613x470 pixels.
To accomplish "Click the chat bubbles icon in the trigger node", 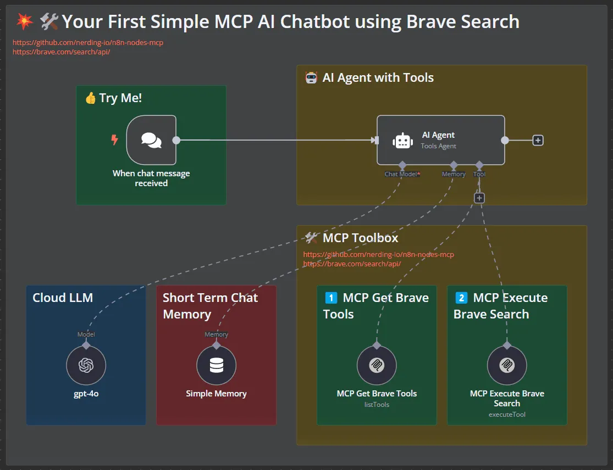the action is coord(151,140).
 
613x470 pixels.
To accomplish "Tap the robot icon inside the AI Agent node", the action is coord(402,141).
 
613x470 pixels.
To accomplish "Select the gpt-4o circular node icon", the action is coord(86,365).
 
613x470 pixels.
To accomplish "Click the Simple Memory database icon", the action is coord(216,365).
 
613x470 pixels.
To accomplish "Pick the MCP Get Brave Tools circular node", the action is coord(377,365).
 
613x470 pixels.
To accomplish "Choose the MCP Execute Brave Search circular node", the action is coord(507,365).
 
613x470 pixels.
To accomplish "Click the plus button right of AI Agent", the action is coord(538,140).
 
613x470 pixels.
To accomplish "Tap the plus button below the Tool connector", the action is coord(479,198).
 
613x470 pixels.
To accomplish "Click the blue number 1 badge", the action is coord(331,298).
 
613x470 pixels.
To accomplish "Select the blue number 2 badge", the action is coord(461,298).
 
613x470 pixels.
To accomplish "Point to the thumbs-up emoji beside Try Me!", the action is coord(91,98).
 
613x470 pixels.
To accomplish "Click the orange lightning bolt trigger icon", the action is coord(114,139).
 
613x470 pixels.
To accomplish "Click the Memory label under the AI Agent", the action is coord(454,174).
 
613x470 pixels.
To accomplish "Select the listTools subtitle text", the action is coord(377,405).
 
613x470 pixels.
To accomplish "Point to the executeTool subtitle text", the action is coord(507,414).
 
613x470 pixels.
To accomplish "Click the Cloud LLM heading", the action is coord(63,298).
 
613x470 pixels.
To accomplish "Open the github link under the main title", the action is coord(88,42).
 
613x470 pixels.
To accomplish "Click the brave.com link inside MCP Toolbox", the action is coord(352,264).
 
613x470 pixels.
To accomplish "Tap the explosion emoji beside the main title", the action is coord(24,21).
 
